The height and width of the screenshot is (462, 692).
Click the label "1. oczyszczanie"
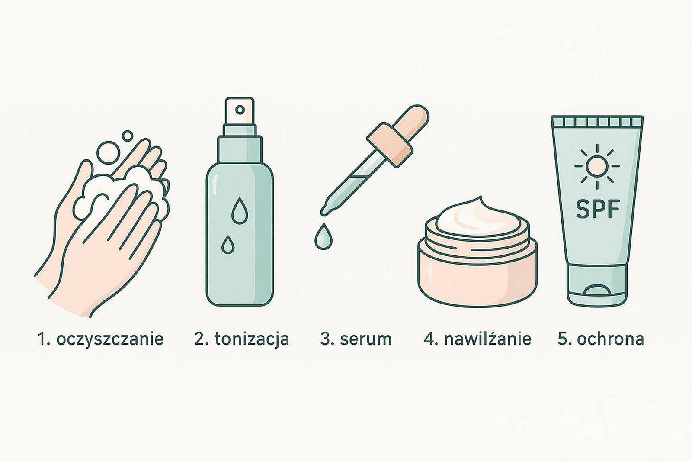[100, 339]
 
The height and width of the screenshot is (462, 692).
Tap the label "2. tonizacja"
[242, 339]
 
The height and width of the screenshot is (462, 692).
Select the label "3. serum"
[356, 339]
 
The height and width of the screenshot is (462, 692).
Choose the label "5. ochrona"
[601, 339]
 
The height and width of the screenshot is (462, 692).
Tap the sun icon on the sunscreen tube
[597, 166]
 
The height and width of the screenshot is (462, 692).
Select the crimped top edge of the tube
[597, 122]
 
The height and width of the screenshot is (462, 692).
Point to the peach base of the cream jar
[477, 272]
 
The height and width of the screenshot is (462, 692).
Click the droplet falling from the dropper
[324, 236]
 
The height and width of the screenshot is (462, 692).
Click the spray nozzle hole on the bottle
[240, 110]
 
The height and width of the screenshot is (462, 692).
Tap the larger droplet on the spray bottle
[240, 210]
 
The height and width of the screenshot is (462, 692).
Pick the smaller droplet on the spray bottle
[227, 245]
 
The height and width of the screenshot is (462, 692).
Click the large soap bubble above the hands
[109, 152]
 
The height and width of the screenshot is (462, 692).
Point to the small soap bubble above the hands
[127, 136]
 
